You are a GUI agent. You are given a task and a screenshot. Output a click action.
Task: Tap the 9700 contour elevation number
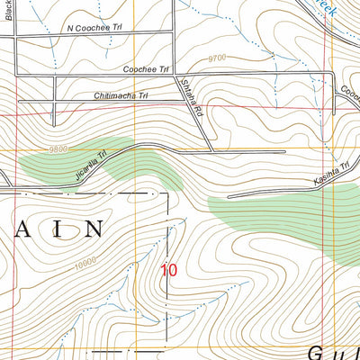point(216,57)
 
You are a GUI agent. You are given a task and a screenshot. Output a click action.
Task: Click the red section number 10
point(169,269)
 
